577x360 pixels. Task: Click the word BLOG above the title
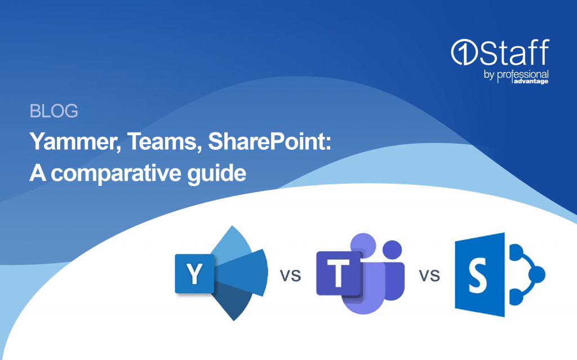54,111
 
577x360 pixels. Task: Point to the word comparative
116,174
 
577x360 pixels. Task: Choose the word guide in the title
217,173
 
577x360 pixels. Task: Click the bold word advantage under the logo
531,81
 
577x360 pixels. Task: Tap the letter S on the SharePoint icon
478,274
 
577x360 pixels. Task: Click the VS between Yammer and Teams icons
291,275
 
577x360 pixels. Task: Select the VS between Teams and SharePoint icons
429,275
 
